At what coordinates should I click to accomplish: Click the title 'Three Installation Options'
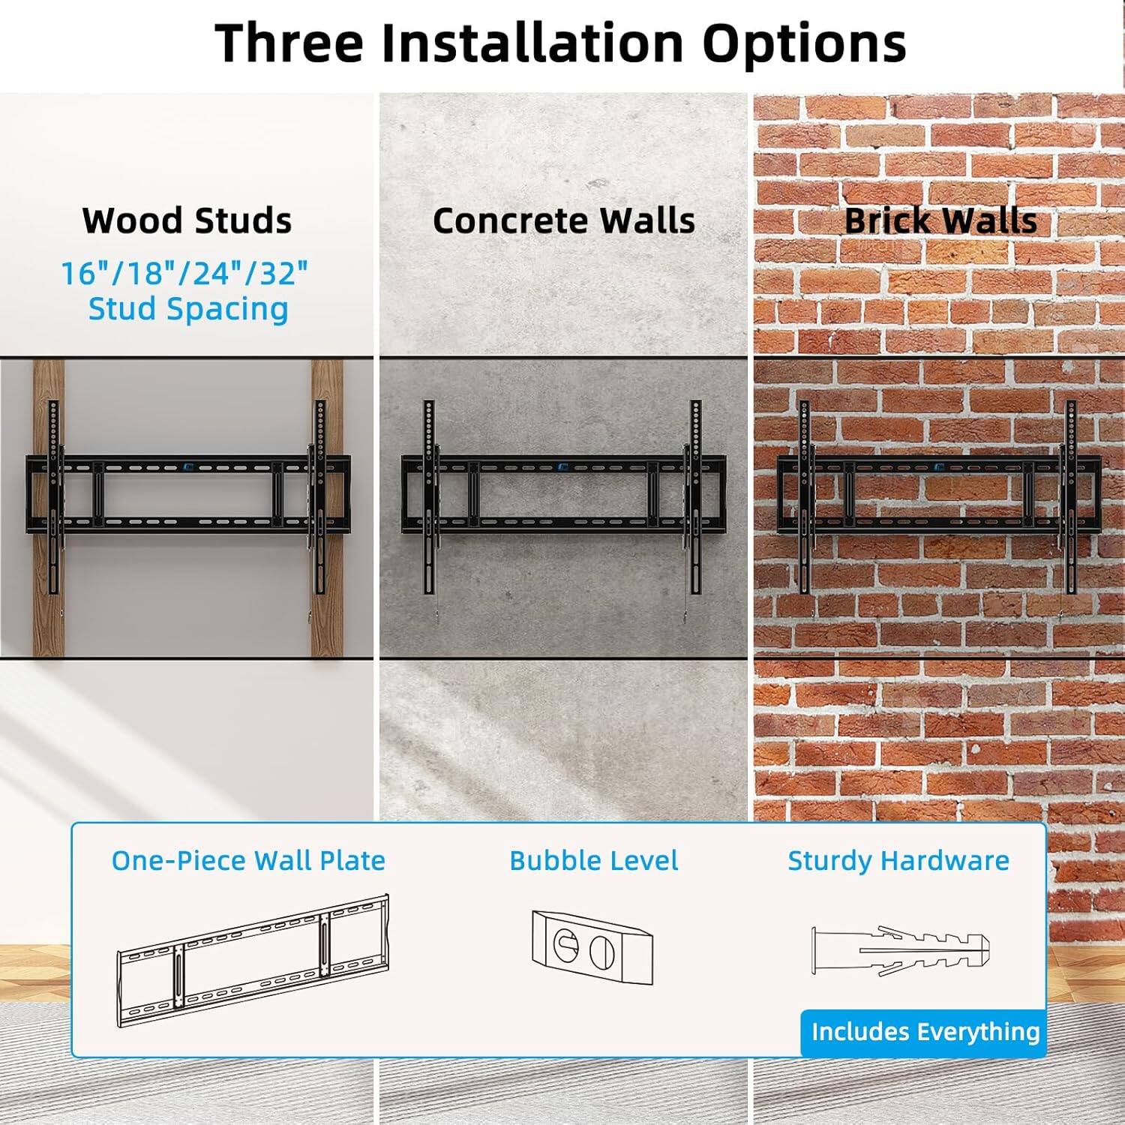tap(561, 43)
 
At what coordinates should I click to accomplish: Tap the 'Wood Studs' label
tap(187, 220)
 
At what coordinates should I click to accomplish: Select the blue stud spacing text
tap(185, 291)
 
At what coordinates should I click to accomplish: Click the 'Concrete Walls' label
tap(563, 220)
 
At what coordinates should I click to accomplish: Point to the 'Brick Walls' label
tap(940, 220)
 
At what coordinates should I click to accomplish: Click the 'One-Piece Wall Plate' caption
tap(248, 860)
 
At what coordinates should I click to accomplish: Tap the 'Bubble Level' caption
tap(593, 860)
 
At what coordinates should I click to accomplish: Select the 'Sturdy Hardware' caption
tap(898, 860)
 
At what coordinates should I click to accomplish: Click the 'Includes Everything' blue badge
tap(924, 1032)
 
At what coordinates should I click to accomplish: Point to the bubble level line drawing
tap(592, 946)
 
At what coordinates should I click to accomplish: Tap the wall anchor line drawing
tap(900, 950)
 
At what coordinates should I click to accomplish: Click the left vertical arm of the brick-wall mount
tap(805, 495)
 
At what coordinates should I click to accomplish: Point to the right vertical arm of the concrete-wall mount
tap(695, 495)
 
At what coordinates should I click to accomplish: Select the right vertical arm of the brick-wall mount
tap(1070, 495)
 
